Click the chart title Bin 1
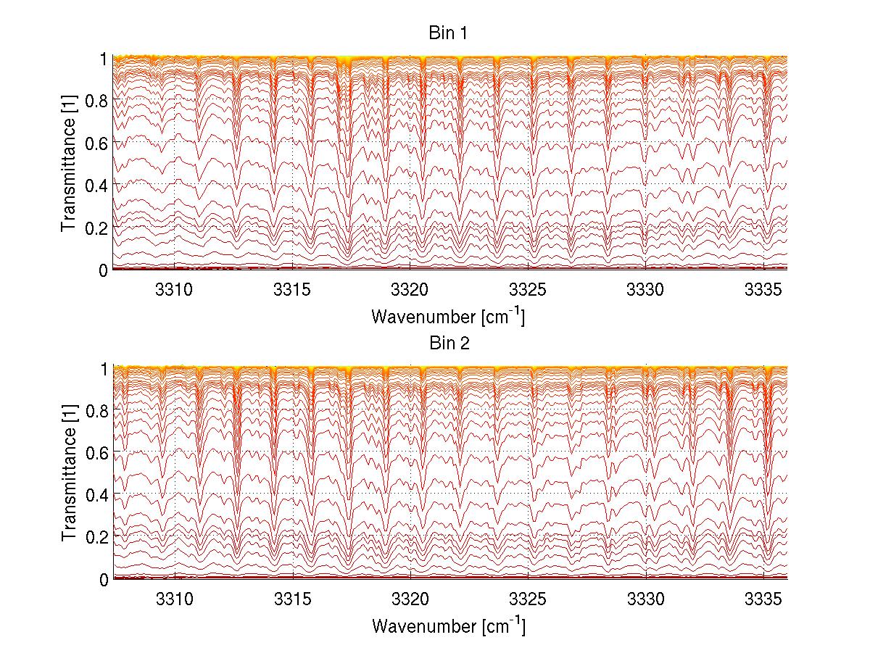[449, 33]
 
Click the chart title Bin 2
[449, 344]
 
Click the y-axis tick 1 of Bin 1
[104, 59]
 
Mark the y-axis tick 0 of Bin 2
[104, 579]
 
